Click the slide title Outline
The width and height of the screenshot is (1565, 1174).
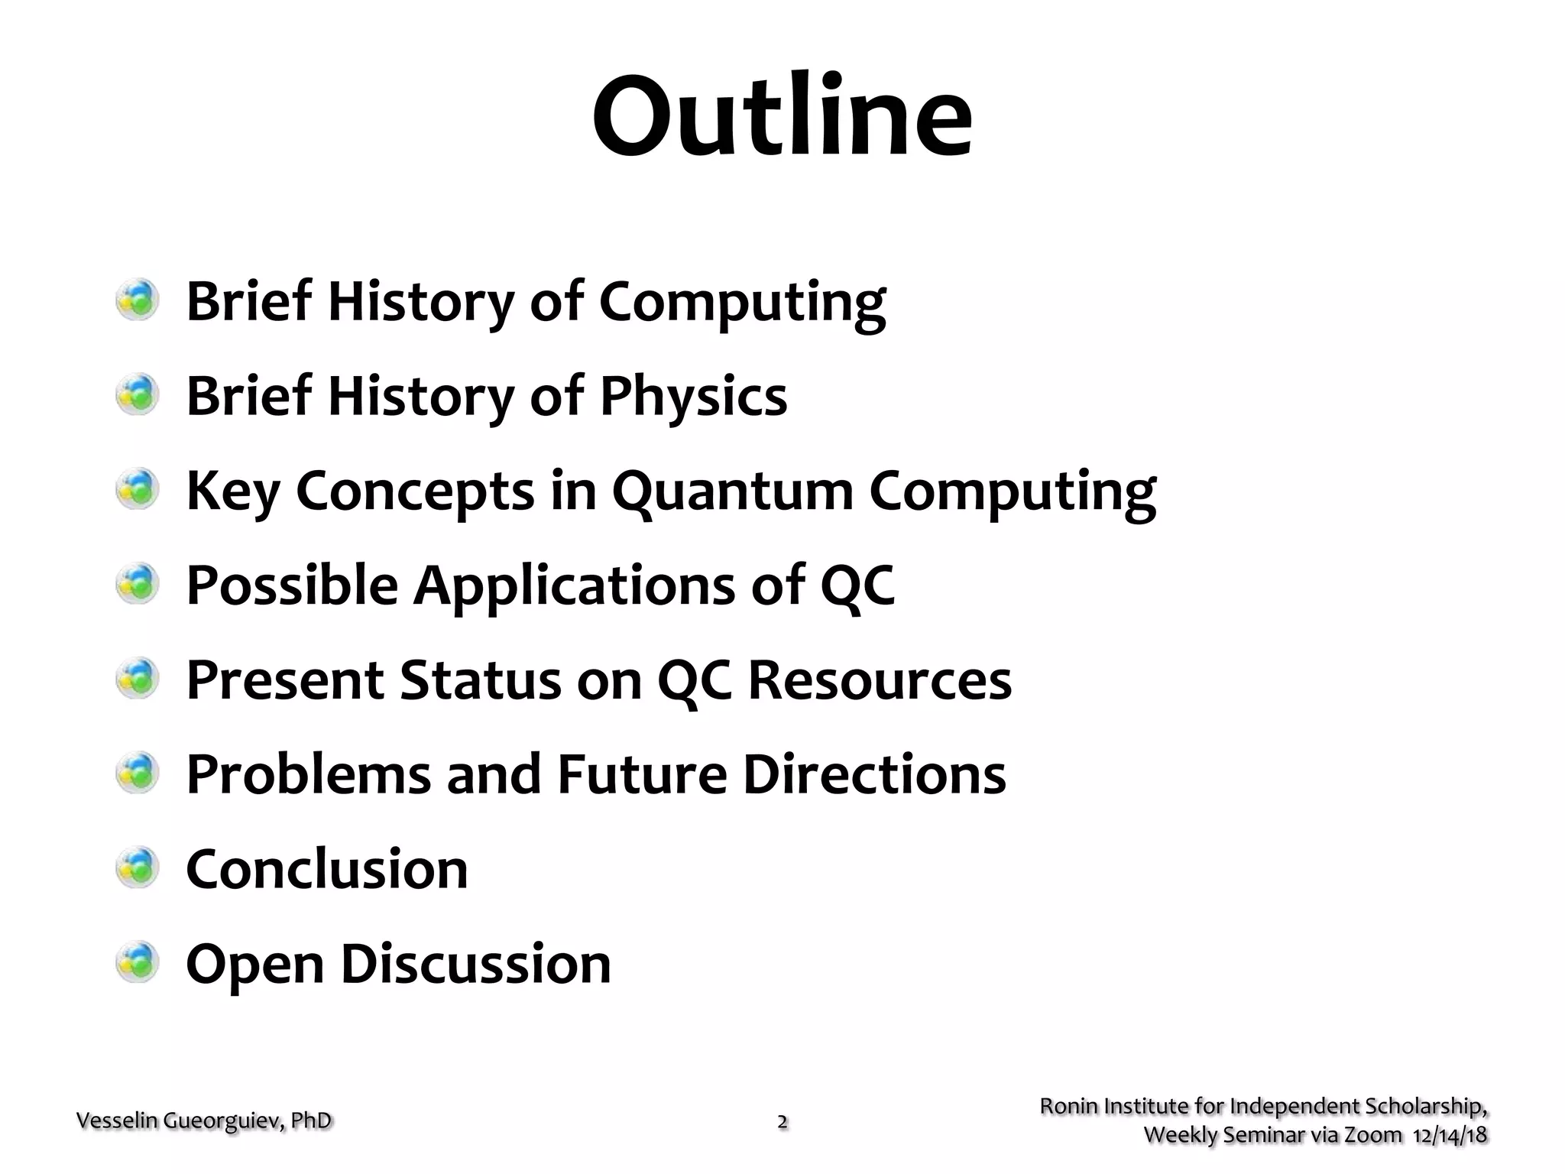point(782,116)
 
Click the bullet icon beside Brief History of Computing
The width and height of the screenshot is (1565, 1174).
point(138,300)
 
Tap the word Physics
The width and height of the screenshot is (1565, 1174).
point(693,396)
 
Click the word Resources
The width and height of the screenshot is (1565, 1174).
point(880,679)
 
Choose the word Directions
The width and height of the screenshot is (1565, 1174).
point(874,774)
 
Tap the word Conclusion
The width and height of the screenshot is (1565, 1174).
point(327,869)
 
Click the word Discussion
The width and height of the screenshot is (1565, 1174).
point(475,964)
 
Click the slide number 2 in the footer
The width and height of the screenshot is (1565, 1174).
point(782,1122)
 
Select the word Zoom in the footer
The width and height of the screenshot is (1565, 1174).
point(1373,1135)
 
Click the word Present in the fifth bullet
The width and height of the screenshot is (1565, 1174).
point(285,679)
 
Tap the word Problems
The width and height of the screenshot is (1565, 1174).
point(309,774)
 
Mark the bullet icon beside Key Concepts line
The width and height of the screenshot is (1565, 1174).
point(138,489)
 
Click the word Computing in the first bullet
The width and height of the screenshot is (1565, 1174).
point(742,303)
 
